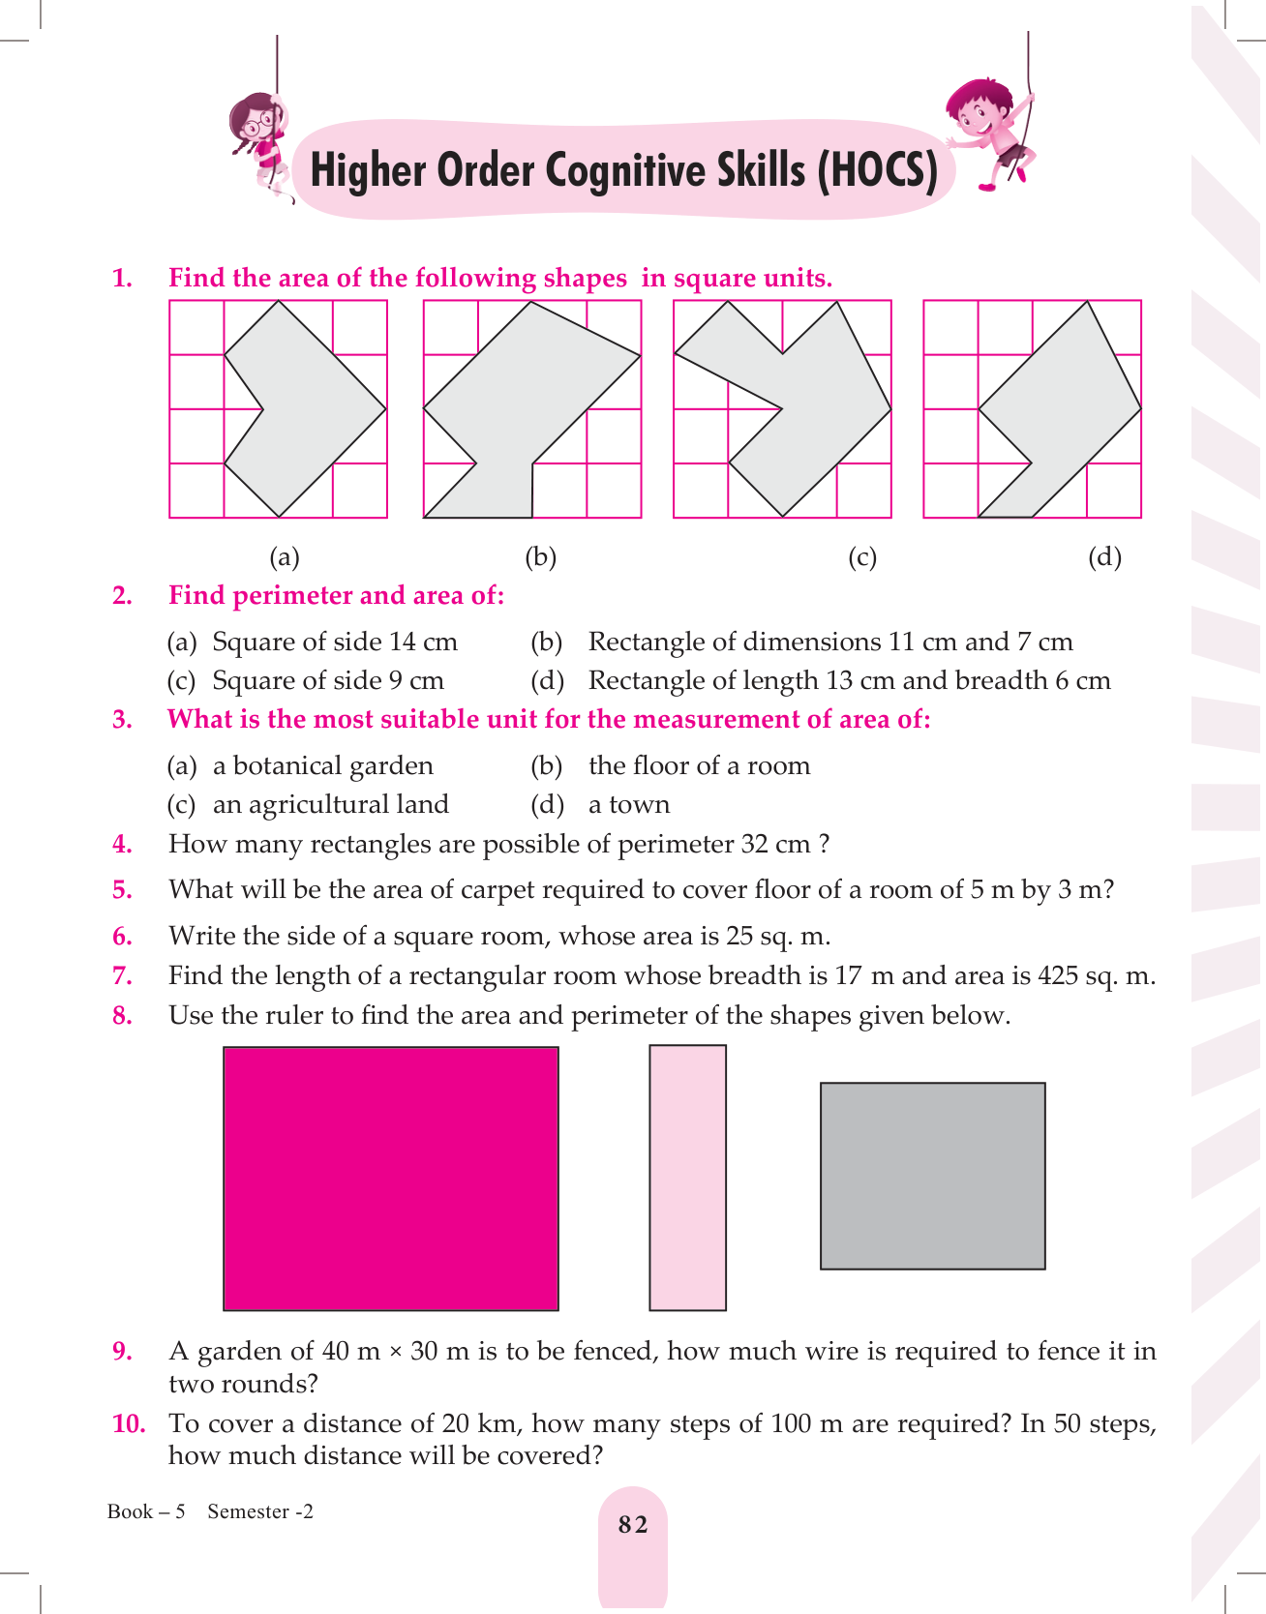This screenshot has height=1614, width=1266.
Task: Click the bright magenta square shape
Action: pyautogui.click(x=391, y=1179)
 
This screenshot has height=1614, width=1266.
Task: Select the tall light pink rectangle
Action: pyautogui.click(x=687, y=1178)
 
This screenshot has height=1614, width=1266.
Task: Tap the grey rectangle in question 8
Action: pyautogui.click(x=933, y=1176)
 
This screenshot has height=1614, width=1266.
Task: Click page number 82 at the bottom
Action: pyautogui.click(x=633, y=1525)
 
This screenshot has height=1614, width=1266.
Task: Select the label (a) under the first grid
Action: pyautogui.click(x=285, y=556)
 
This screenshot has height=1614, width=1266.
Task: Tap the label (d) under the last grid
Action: pyautogui.click(x=1104, y=556)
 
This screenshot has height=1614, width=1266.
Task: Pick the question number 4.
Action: pyautogui.click(x=123, y=844)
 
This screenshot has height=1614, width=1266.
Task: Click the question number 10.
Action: pyautogui.click(x=129, y=1423)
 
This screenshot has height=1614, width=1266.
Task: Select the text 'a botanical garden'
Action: pyautogui.click(x=323, y=765)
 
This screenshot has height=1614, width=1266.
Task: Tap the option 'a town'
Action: pyautogui.click(x=629, y=804)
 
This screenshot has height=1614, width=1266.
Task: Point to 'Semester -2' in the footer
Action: pyautogui.click(x=260, y=1511)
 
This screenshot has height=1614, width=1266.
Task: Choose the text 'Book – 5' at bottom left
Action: pyautogui.click(x=146, y=1511)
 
